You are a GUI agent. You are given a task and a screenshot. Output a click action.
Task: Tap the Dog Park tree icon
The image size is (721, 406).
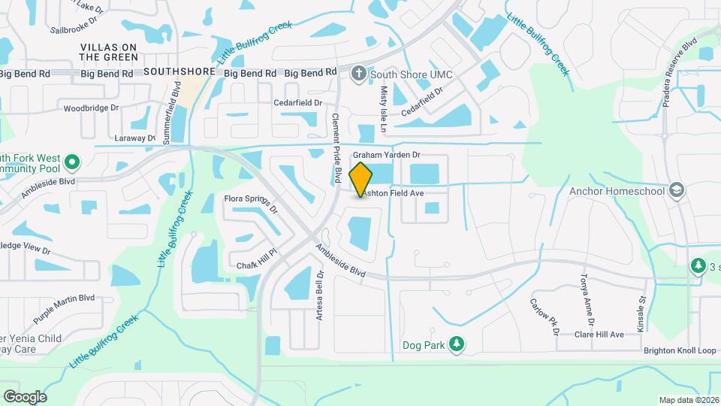(x=456, y=344)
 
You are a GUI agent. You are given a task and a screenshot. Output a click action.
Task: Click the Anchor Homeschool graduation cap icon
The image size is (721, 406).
(x=676, y=189)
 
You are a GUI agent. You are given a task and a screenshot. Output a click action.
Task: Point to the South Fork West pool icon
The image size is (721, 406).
(x=72, y=162)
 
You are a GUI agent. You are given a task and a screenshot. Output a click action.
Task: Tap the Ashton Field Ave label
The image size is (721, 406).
(x=393, y=193)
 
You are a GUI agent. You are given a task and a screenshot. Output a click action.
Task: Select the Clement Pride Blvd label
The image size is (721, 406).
(x=337, y=147)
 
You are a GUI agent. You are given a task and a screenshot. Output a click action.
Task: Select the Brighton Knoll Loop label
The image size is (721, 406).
(x=680, y=351)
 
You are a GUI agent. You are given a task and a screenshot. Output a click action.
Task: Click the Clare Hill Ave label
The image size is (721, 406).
(x=599, y=335)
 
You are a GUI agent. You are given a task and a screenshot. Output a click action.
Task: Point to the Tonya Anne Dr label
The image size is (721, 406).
(x=587, y=301)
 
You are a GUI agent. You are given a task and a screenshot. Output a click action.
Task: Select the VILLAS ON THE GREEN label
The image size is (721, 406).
(x=110, y=52)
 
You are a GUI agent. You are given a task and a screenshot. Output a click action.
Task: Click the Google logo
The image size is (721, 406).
(x=24, y=396)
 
